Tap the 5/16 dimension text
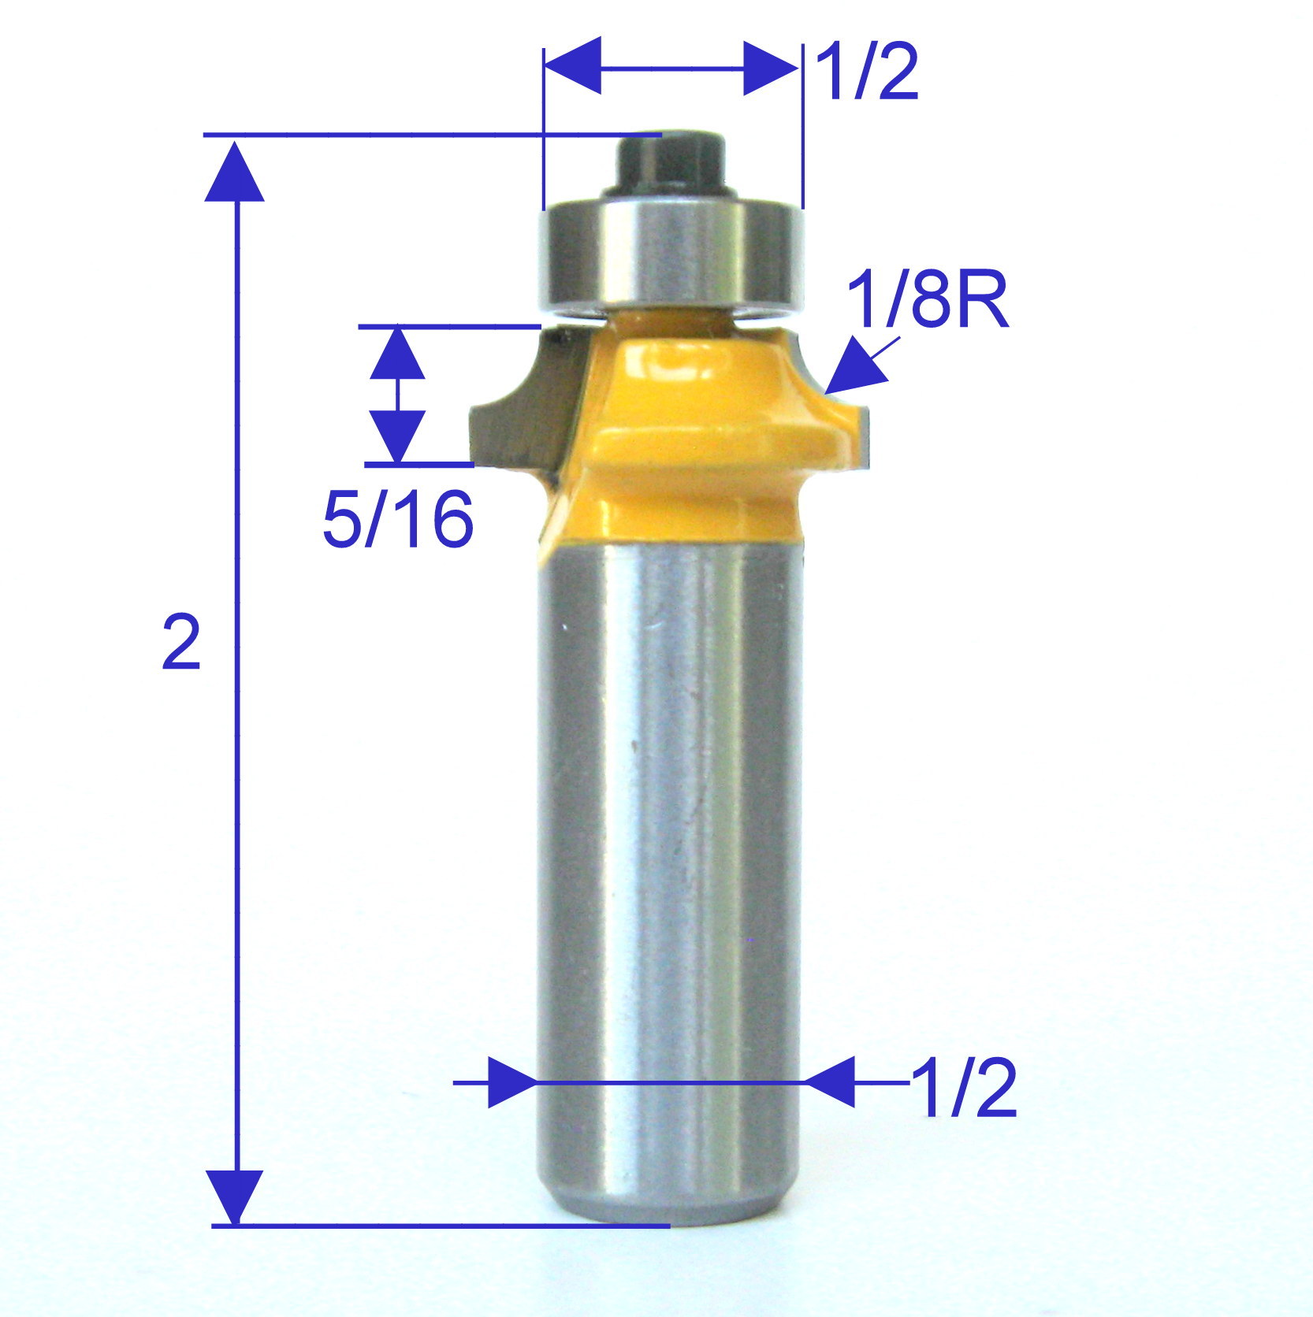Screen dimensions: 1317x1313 point(398,519)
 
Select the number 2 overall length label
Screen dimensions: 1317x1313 point(181,643)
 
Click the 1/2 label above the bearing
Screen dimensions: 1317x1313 point(868,73)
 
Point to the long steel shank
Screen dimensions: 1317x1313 point(670,866)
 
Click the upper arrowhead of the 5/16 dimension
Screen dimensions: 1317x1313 point(398,354)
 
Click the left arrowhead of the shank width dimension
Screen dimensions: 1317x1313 point(511,1082)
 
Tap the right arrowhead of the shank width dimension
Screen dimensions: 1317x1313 point(831,1082)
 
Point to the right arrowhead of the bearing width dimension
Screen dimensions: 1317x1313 point(771,68)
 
